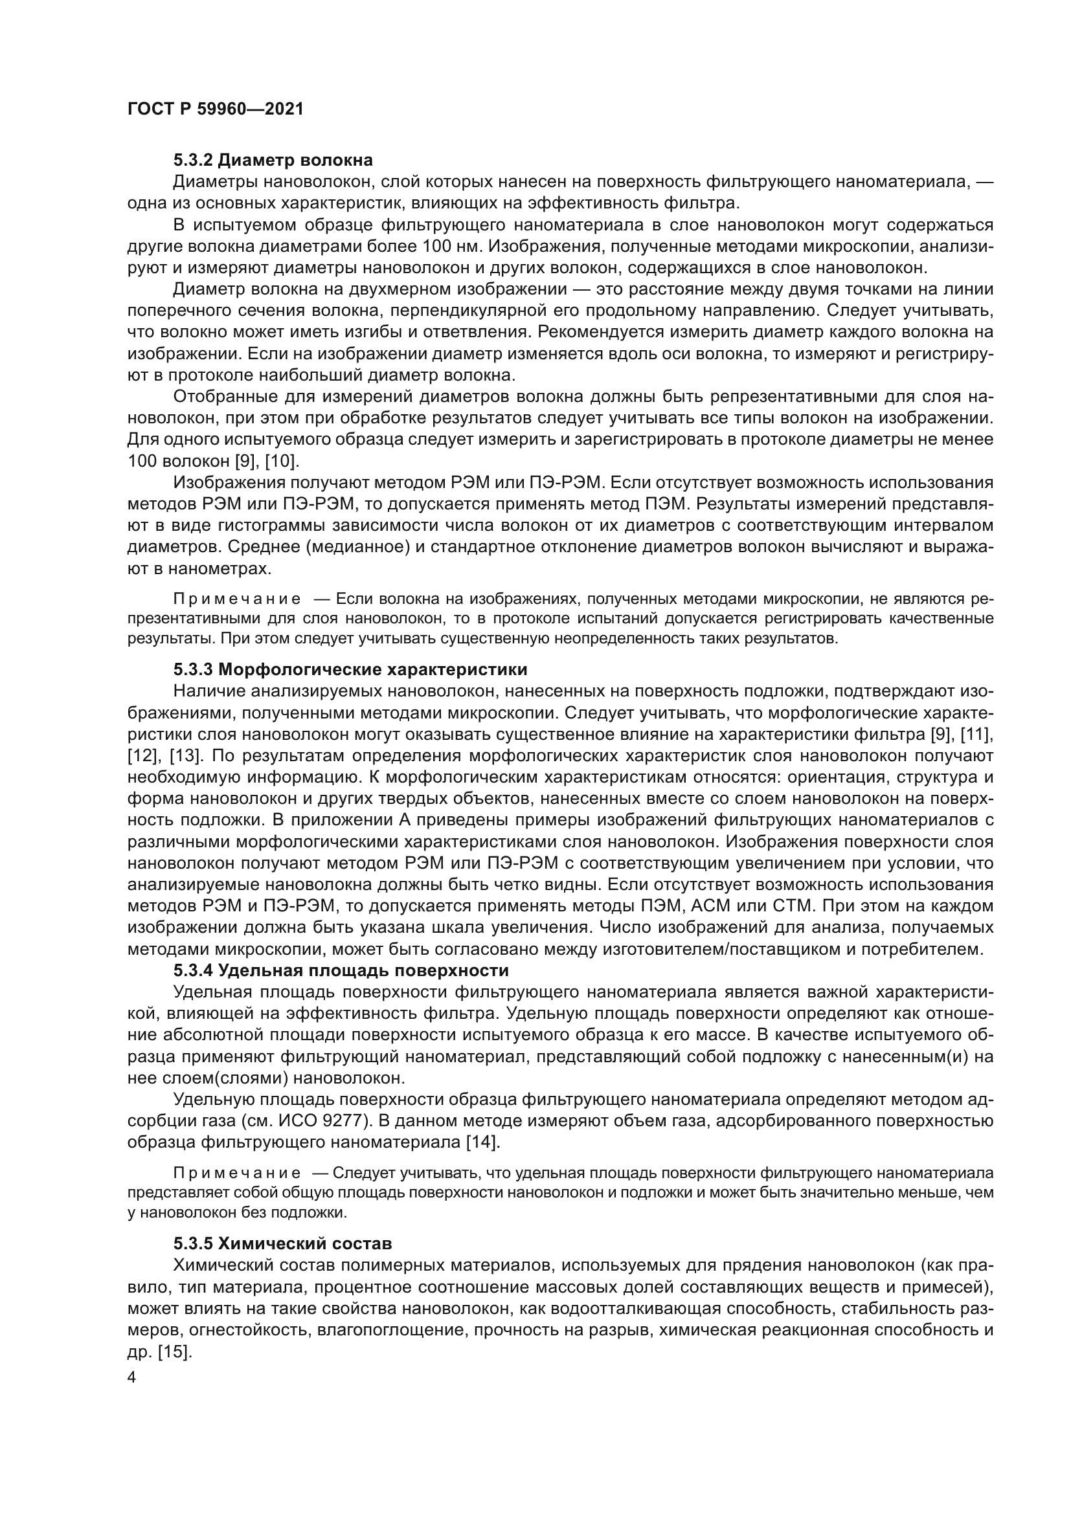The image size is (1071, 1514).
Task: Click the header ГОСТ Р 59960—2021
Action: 215,109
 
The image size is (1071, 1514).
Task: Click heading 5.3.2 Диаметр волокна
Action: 273,161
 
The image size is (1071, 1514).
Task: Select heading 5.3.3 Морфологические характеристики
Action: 350,670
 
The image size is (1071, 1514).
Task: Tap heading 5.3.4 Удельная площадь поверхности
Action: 341,971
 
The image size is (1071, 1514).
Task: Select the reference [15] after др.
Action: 174,1352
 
